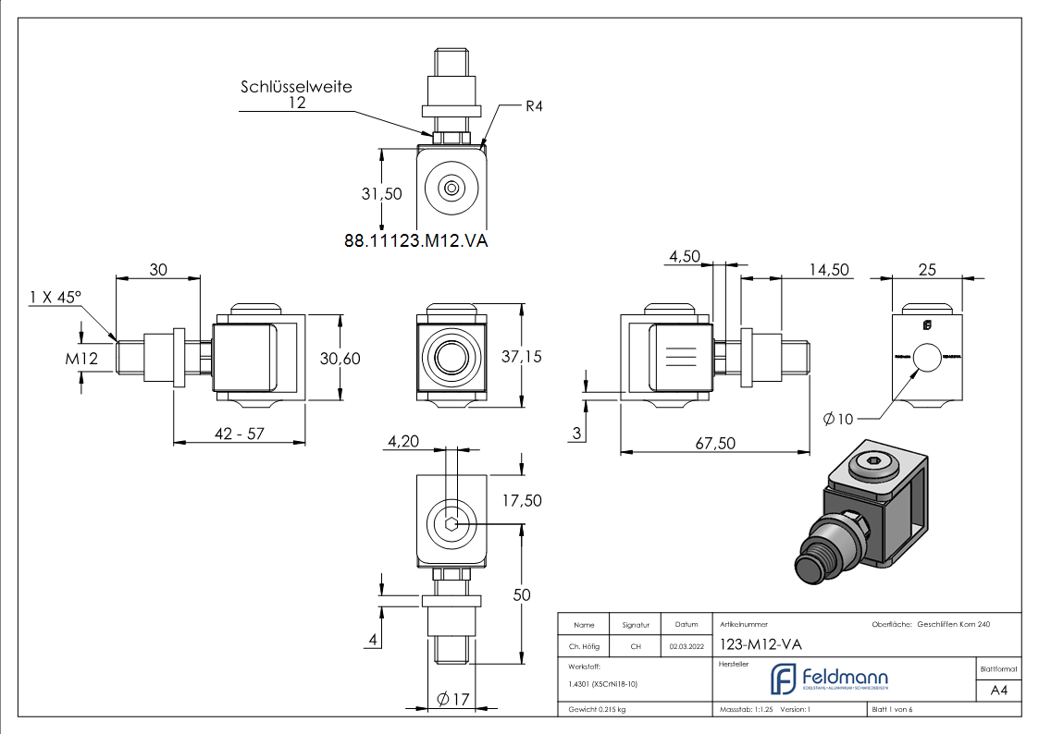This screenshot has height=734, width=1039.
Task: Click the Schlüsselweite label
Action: (x=296, y=86)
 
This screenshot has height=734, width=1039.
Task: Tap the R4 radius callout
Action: (x=533, y=106)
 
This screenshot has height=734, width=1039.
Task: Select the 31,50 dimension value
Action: (x=381, y=193)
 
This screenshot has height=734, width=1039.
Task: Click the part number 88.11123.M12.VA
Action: (x=415, y=240)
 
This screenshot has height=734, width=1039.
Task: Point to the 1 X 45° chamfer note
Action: (x=55, y=298)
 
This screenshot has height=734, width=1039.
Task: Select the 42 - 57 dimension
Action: (x=239, y=434)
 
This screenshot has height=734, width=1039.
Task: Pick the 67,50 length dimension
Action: (x=713, y=444)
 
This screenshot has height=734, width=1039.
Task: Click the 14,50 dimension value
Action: (x=830, y=269)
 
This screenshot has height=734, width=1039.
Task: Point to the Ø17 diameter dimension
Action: (x=452, y=699)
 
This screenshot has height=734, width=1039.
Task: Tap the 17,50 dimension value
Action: (x=522, y=500)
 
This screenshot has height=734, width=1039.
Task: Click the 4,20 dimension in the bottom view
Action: (x=403, y=442)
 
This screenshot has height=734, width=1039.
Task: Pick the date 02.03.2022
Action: (x=686, y=646)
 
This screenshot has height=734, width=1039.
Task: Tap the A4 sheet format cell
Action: (x=998, y=690)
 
